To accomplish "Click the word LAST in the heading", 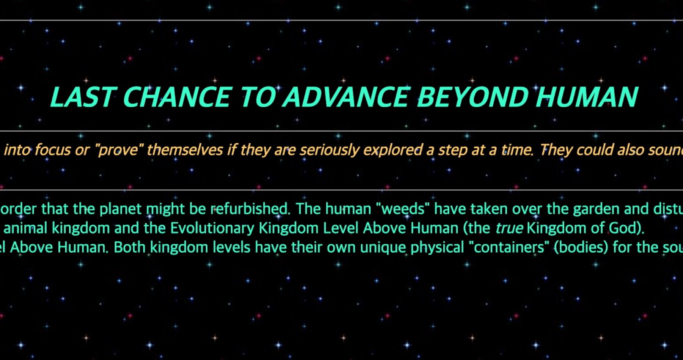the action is click(83, 97).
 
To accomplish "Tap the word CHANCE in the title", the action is click(177, 97).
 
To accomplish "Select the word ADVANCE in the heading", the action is click(347, 97).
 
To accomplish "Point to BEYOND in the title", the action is click(473, 97).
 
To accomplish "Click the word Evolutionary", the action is click(212, 228).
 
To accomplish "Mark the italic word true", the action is click(509, 228).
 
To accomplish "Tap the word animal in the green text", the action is click(25, 228).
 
